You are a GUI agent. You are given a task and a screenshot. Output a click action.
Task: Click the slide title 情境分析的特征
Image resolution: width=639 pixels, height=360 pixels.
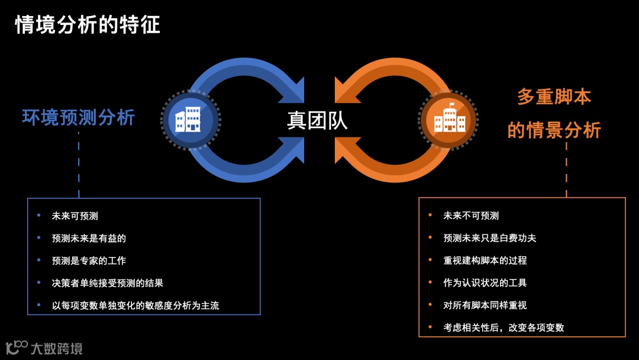(x=88, y=25)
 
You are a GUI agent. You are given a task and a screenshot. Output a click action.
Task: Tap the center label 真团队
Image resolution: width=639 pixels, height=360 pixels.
(x=317, y=120)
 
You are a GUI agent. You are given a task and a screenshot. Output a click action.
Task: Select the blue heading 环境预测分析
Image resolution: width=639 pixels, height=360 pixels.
(x=79, y=117)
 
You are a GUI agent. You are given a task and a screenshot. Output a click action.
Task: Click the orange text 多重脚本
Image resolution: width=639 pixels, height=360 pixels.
(x=554, y=97)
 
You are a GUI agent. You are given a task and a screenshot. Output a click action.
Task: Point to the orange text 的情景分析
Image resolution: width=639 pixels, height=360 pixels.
(x=554, y=130)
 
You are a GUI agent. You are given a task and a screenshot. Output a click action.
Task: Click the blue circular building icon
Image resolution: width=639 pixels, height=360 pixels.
(x=190, y=120)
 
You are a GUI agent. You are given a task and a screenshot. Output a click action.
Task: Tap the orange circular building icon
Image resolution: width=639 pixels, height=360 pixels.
(x=448, y=120)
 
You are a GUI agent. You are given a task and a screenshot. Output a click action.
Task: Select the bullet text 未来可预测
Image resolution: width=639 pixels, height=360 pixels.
(x=75, y=216)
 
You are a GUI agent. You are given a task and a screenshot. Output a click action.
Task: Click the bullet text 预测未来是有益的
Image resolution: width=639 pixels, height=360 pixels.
(x=89, y=238)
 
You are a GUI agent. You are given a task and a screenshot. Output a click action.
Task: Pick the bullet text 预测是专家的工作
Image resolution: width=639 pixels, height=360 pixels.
(x=89, y=261)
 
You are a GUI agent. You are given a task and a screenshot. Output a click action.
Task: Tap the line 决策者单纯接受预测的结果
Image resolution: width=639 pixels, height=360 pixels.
(x=107, y=283)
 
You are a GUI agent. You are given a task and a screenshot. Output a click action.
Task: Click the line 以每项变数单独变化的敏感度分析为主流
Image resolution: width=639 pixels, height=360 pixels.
(x=135, y=306)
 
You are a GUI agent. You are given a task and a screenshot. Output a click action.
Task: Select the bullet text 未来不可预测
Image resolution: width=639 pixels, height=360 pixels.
(x=471, y=216)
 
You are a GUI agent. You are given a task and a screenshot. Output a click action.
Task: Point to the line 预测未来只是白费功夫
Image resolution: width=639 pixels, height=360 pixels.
(x=489, y=238)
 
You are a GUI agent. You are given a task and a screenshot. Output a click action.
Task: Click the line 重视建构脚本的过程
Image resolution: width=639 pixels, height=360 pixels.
(x=485, y=261)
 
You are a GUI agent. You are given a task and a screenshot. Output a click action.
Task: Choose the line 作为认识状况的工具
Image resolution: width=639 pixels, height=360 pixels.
(x=485, y=283)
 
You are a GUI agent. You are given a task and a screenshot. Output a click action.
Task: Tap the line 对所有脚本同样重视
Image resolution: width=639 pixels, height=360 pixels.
(x=485, y=306)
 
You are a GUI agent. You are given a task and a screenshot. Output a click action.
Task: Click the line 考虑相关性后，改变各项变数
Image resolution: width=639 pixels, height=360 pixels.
(x=504, y=327)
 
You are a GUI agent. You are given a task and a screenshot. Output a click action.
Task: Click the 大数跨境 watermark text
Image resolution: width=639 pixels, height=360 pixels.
(x=56, y=348)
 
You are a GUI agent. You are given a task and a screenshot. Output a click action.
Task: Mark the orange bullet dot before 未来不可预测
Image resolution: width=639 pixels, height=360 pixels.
(x=430, y=216)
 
